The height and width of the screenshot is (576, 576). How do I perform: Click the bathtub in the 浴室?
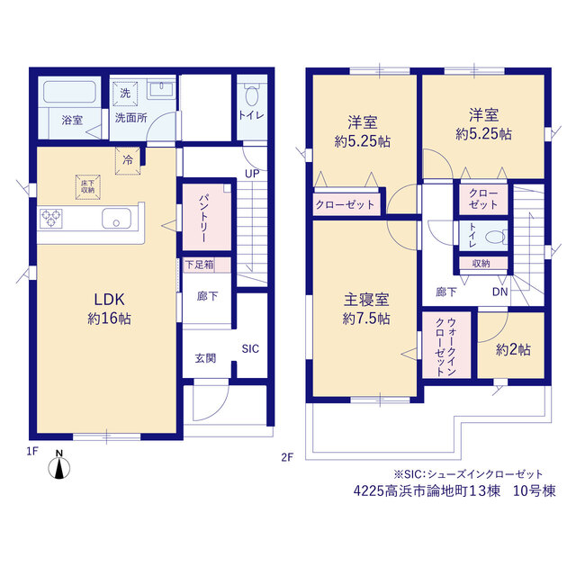pyautogui.click(x=70, y=92)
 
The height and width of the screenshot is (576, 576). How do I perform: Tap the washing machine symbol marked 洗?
pyautogui.click(x=125, y=94)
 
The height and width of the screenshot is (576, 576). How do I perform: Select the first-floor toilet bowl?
pyautogui.click(x=252, y=94)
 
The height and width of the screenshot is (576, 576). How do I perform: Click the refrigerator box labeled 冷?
pyautogui.click(x=128, y=160)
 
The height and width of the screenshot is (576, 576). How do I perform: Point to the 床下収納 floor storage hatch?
pyautogui.click(x=88, y=187)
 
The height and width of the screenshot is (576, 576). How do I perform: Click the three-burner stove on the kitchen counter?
pyautogui.click(x=51, y=219)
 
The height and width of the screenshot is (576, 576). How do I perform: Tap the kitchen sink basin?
pyautogui.click(x=116, y=218)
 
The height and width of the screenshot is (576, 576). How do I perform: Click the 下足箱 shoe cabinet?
pyautogui.click(x=207, y=265)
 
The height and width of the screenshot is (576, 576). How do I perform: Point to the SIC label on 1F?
pyautogui.click(x=250, y=348)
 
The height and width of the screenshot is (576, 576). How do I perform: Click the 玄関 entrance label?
pyautogui.click(x=205, y=358)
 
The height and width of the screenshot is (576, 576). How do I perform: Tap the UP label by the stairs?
pyautogui.click(x=252, y=174)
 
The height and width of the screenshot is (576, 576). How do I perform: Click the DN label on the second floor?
pyautogui.click(x=500, y=292)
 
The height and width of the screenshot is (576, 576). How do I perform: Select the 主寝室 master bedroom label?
pyautogui.click(x=366, y=300)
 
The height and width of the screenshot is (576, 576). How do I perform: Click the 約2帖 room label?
pyautogui.click(x=513, y=349)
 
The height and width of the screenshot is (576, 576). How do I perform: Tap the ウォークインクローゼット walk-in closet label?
pyautogui.click(x=446, y=346)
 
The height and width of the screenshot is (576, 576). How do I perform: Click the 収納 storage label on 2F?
pyautogui.click(x=481, y=263)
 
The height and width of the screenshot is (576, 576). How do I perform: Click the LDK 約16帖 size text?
pyautogui.click(x=110, y=319)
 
